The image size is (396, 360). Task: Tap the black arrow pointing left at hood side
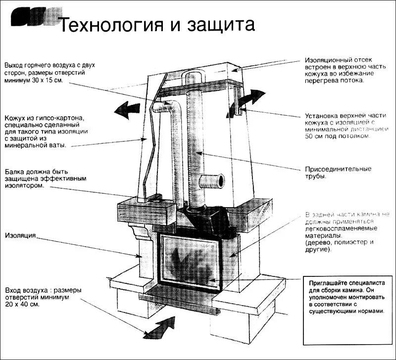(x=127, y=108)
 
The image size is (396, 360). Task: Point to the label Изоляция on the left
(x=19, y=236)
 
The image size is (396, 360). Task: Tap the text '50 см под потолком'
(x=337, y=135)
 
